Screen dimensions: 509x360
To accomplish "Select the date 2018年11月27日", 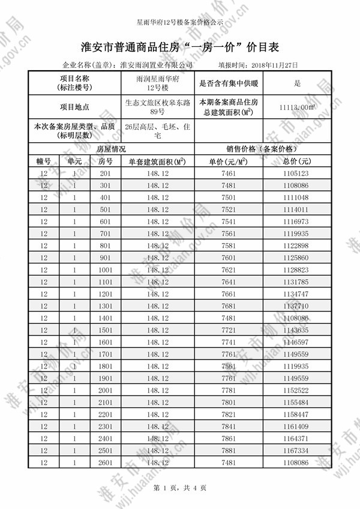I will click(x=275, y=65).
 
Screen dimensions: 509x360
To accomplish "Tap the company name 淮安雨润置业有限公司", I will click(x=157, y=65).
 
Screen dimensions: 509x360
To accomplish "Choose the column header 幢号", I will click(x=43, y=161).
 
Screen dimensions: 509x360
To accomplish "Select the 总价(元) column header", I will click(x=298, y=161).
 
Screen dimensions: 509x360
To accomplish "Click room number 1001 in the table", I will click(x=106, y=270).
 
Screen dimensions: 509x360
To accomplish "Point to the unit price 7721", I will click(x=229, y=330).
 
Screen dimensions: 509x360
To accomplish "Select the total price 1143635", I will click(x=298, y=330).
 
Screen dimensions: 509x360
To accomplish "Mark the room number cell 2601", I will click(x=106, y=462).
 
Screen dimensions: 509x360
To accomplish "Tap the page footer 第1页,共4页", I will click(x=180, y=487).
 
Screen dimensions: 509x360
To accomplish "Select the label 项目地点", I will click(x=74, y=107).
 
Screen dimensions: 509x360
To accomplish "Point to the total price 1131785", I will click(x=298, y=282).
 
